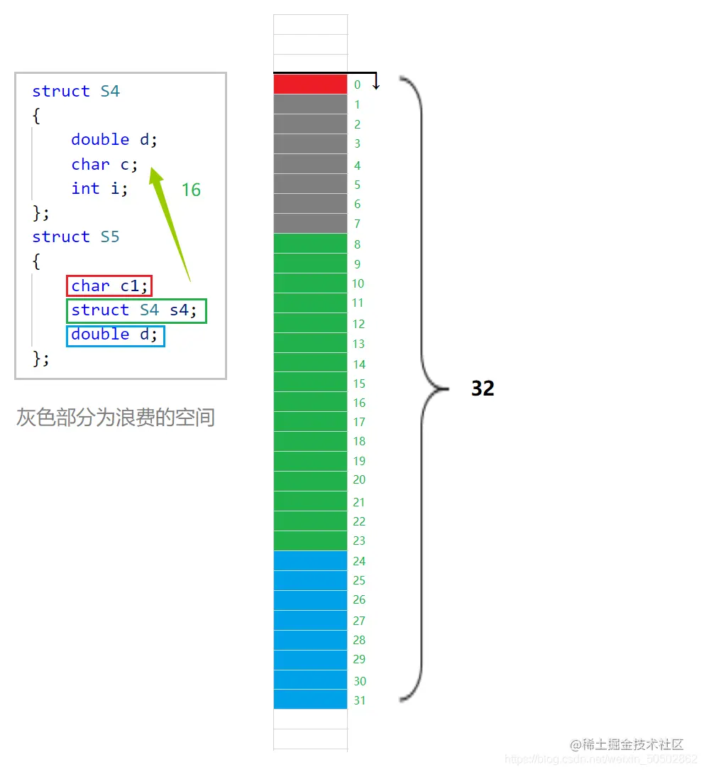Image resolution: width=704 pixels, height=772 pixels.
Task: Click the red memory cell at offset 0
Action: tap(310, 85)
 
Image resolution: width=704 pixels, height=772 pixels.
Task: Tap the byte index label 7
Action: tap(357, 224)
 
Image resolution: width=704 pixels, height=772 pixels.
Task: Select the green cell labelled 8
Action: tap(310, 244)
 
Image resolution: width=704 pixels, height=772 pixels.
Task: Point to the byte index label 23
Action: tap(359, 540)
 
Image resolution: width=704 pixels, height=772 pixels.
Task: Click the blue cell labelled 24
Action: tap(310, 561)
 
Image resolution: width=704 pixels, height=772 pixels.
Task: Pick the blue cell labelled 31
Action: tap(310, 700)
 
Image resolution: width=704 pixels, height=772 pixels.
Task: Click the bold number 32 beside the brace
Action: tap(483, 388)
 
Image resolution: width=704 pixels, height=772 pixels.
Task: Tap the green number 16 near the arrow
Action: tap(191, 190)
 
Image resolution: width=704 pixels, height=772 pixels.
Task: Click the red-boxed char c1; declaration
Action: tap(109, 286)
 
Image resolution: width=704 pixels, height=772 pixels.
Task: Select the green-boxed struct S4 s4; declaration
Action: tap(136, 310)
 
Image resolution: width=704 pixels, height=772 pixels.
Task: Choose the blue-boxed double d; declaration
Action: tap(115, 335)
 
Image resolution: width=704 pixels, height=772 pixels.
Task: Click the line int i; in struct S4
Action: tap(99, 188)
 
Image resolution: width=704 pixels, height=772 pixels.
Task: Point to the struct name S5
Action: tap(110, 237)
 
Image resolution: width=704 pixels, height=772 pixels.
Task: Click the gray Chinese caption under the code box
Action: tap(116, 418)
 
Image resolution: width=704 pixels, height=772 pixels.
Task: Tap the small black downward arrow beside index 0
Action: tap(376, 82)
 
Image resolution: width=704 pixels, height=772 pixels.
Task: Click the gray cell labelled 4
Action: tap(310, 164)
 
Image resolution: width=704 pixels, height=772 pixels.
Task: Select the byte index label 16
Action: tap(359, 403)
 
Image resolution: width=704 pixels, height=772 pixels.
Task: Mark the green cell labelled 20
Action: tap(310, 481)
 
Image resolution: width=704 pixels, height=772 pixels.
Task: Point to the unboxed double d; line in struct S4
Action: tap(114, 139)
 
